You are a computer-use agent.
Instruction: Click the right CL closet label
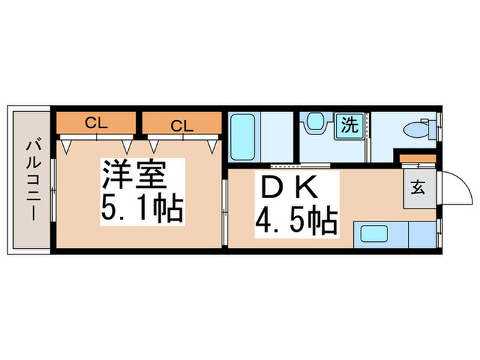(x=181, y=125)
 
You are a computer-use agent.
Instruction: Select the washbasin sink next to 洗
(x=315, y=124)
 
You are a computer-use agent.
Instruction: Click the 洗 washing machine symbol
(x=350, y=125)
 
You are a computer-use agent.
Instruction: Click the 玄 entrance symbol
(x=418, y=187)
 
